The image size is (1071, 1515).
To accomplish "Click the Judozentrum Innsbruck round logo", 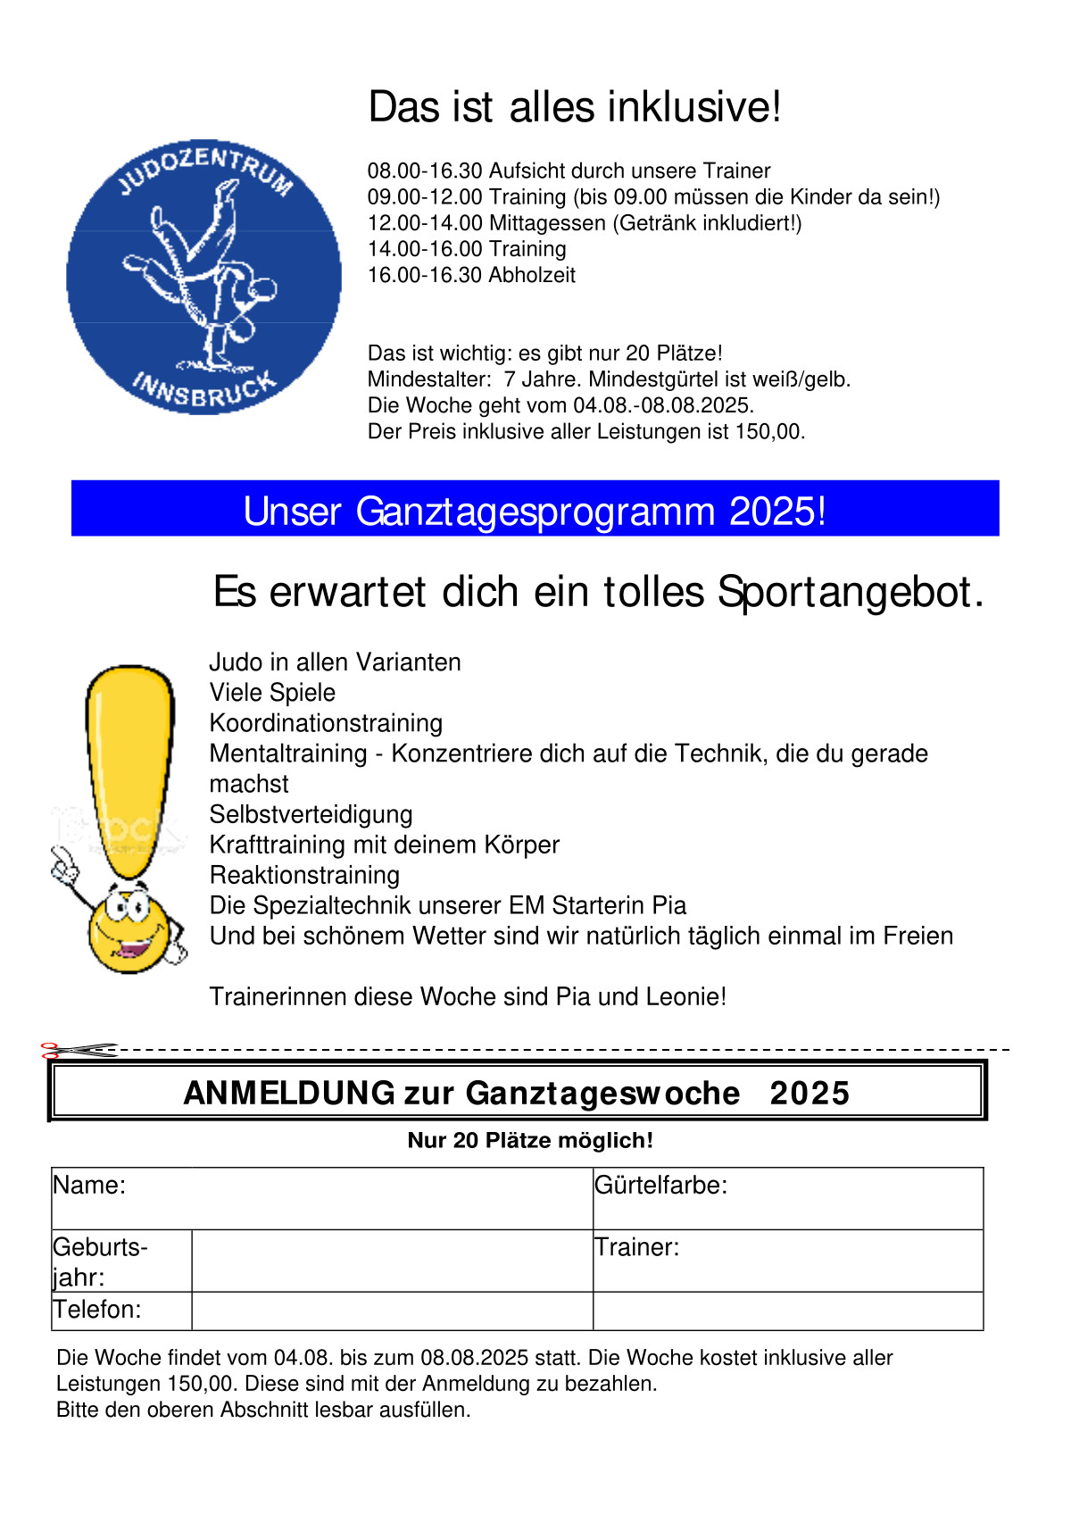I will click(x=203, y=277).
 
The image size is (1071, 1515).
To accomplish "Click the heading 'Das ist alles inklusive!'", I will click(x=575, y=107).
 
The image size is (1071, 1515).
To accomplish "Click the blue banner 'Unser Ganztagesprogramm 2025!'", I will click(x=535, y=510).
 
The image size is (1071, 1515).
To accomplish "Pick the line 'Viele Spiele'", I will click(x=272, y=693).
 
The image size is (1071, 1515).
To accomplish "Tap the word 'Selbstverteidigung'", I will click(x=311, y=814).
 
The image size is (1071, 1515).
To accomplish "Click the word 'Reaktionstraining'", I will click(x=304, y=875).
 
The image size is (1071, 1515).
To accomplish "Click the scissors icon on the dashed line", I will click(x=79, y=1050).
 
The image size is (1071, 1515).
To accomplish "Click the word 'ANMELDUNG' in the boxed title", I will click(x=289, y=1093).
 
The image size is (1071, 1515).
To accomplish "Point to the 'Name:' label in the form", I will click(x=89, y=1186).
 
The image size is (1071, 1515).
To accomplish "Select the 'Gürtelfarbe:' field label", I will click(x=661, y=1186).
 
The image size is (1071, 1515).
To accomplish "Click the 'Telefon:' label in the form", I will click(x=97, y=1310).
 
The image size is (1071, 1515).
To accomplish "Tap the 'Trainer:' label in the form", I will click(x=637, y=1247).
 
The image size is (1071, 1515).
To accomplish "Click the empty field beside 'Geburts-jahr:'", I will click(x=392, y=1261).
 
